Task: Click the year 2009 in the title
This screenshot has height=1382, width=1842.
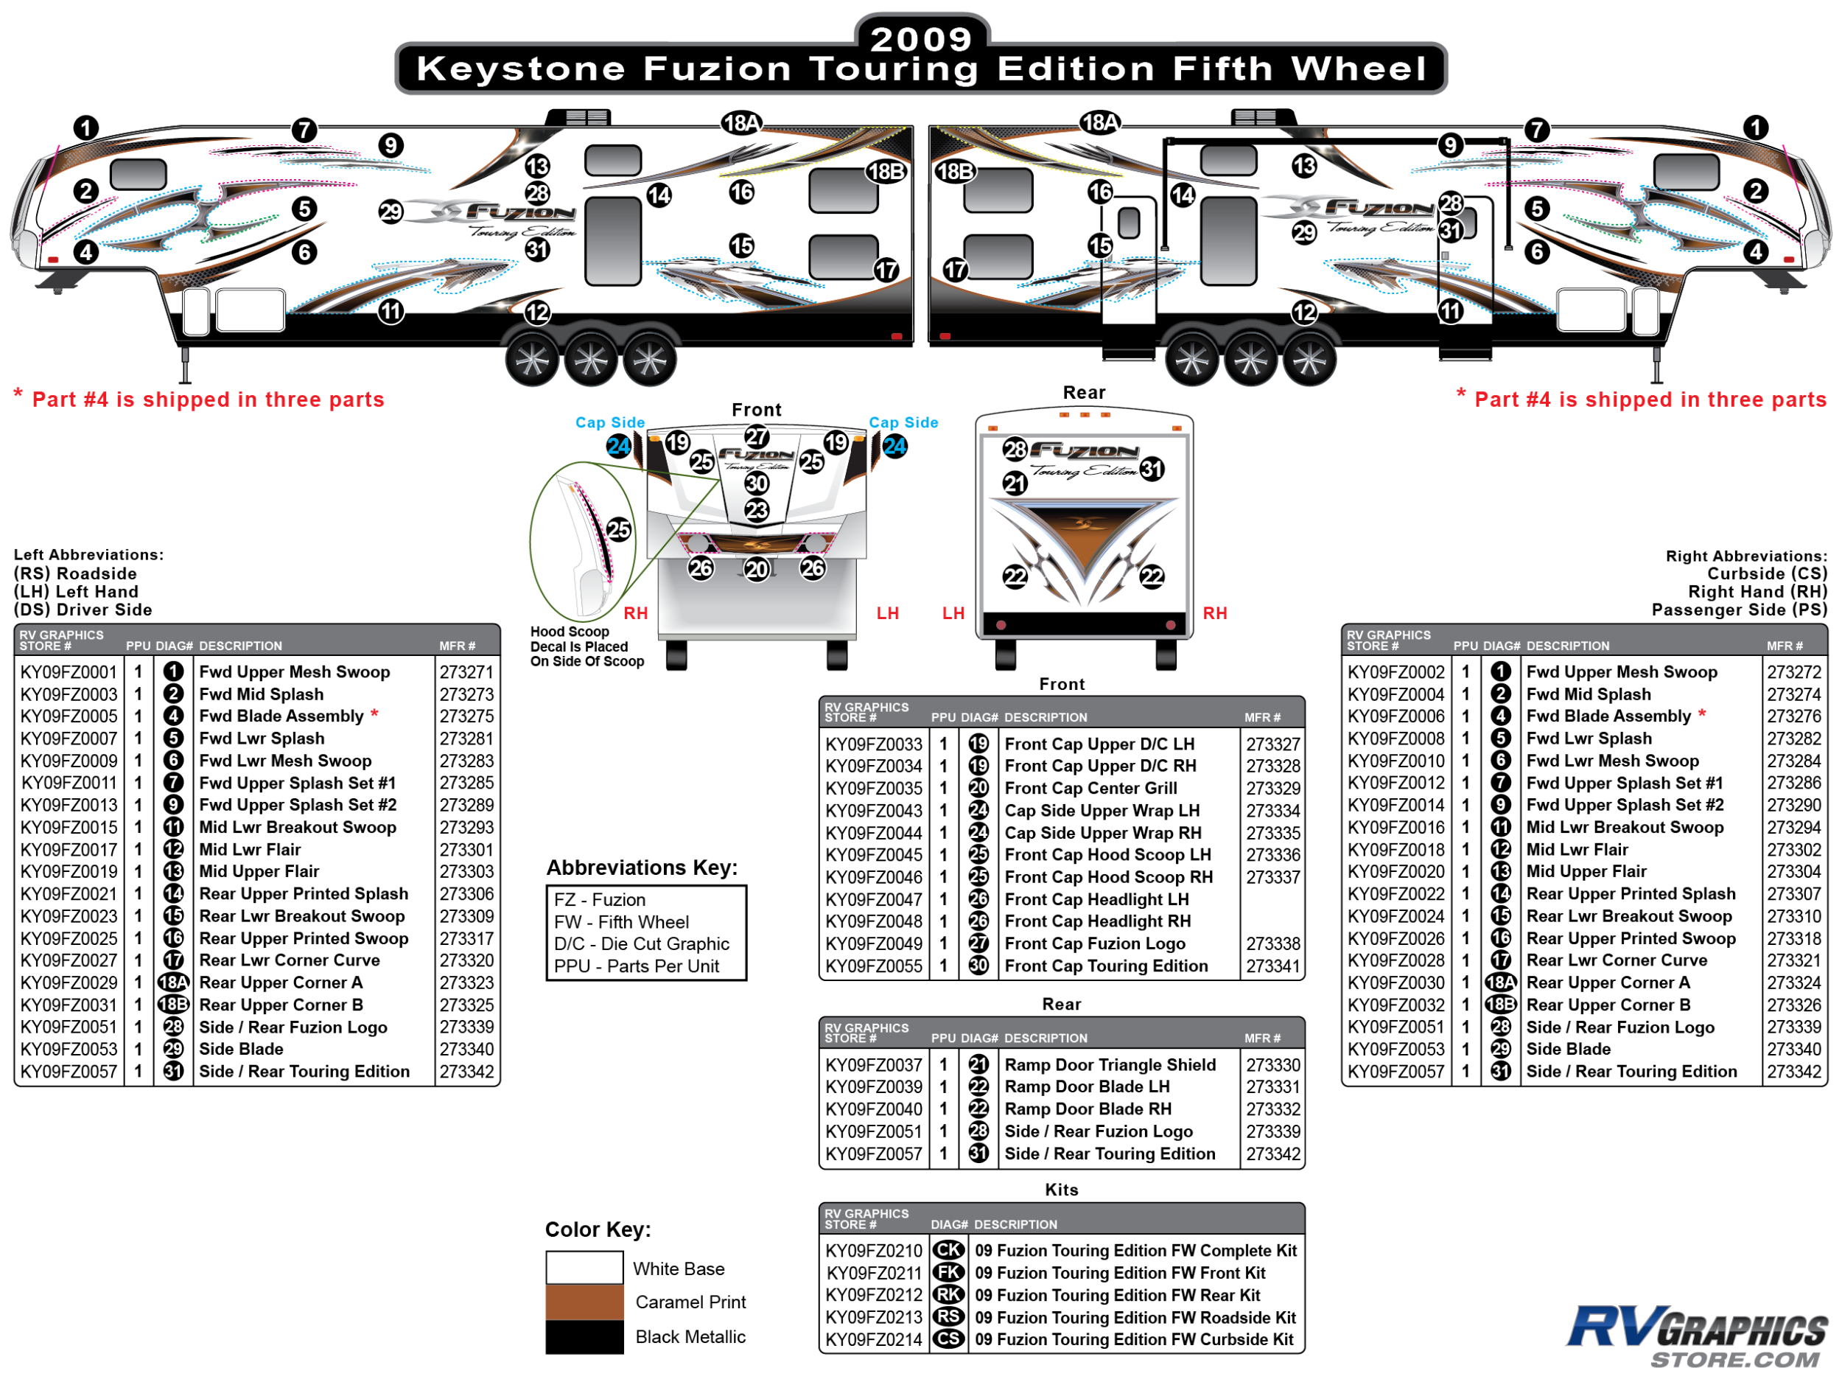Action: (x=921, y=38)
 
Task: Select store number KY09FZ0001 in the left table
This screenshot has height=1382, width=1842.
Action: (x=69, y=672)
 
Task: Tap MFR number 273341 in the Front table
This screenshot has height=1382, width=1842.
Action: (x=1272, y=966)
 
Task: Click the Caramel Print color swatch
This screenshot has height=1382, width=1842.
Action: (x=584, y=1302)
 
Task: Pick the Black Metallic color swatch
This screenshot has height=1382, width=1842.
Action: (x=584, y=1336)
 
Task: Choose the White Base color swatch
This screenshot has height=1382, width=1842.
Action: (x=584, y=1268)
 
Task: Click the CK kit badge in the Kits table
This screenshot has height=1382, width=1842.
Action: (x=948, y=1250)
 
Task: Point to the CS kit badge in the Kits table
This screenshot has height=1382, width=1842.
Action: (x=948, y=1339)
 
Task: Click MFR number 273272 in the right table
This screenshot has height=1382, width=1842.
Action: (x=1793, y=672)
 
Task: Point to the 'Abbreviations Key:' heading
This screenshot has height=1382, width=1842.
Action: (x=642, y=868)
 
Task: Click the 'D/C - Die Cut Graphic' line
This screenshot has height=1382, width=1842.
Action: (x=642, y=944)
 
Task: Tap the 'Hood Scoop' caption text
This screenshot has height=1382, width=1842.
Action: (x=570, y=632)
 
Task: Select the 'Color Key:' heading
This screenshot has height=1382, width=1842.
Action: (x=598, y=1229)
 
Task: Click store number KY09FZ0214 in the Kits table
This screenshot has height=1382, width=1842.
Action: (x=874, y=1339)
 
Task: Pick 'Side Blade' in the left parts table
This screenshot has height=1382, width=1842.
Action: (x=242, y=1050)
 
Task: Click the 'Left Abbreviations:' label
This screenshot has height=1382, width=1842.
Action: (x=88, y=555)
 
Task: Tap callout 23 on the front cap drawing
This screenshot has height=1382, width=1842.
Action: (x=756, y=511)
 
